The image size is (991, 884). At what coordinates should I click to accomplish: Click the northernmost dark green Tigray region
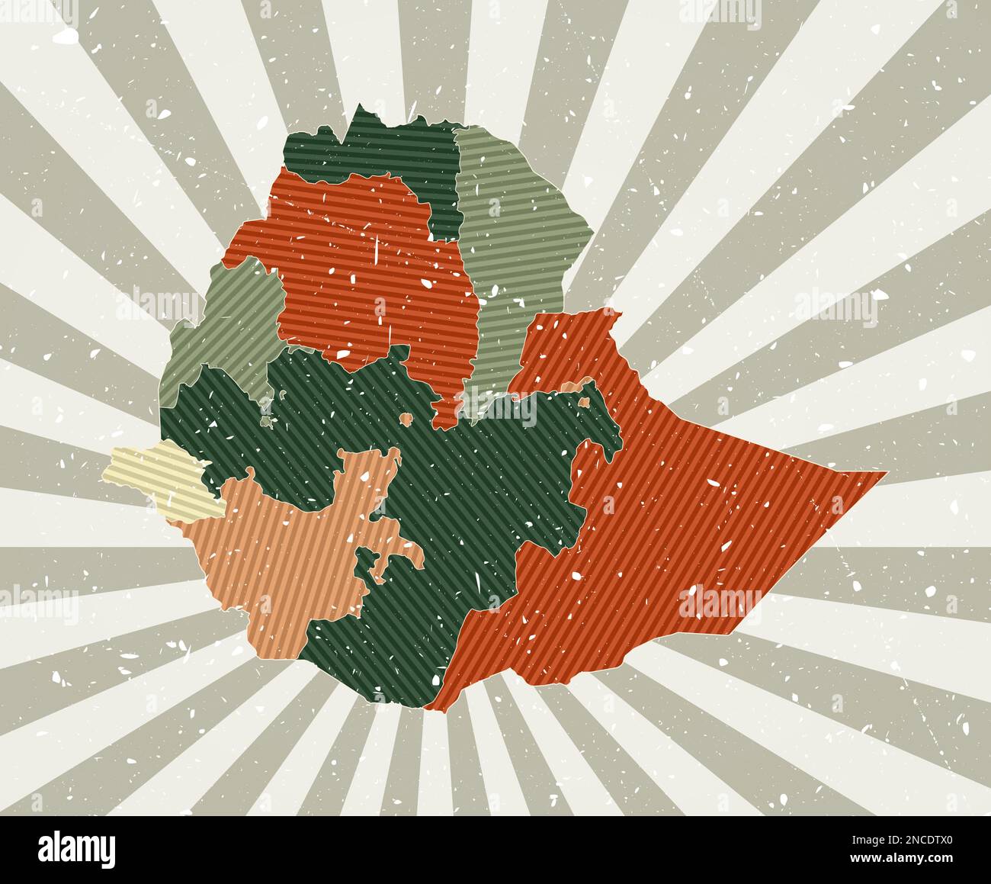tap(381, 153)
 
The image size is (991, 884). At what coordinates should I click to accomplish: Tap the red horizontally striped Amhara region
tap(366, 267)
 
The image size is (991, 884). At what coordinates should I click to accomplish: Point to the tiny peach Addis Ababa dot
tap(406, 419)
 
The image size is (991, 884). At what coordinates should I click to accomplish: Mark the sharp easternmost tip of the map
tap(886, 473)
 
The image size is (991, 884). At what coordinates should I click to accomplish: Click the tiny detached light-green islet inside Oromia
tap(265, 420)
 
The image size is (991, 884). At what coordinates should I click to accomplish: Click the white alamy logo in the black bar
tap(77, 849)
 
